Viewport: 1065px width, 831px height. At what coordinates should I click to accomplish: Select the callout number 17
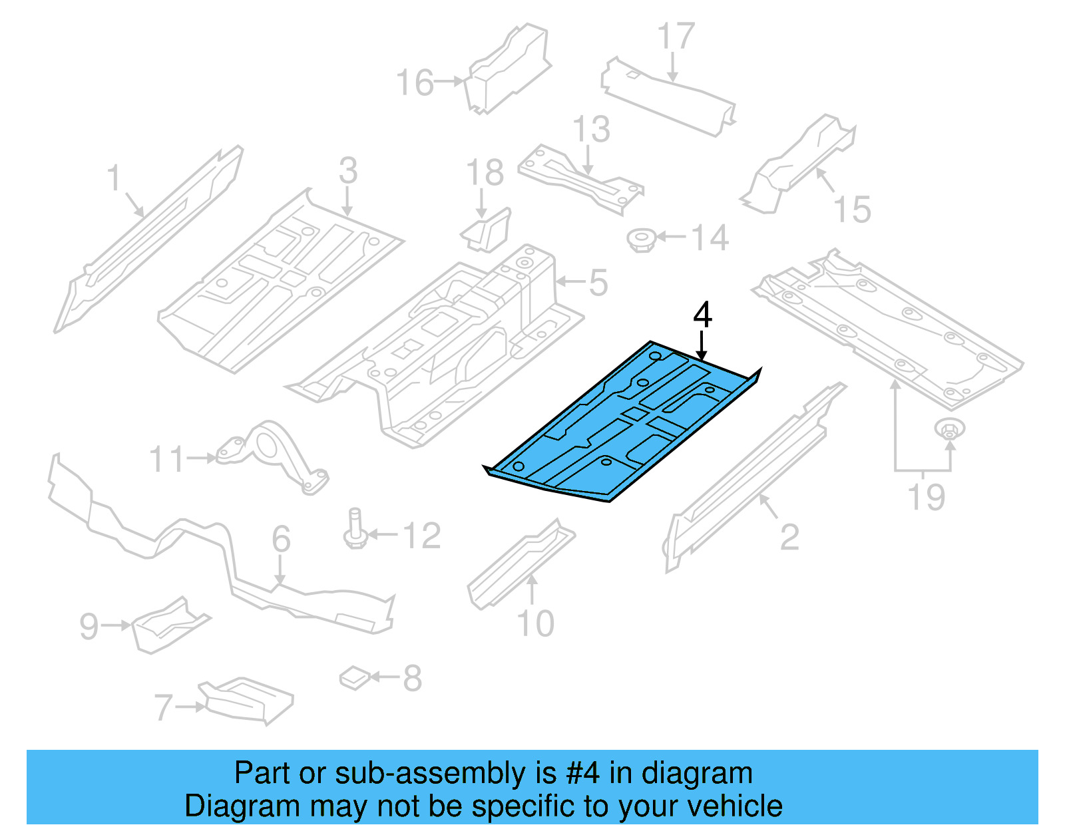pyautogui.click(x=676, y=37)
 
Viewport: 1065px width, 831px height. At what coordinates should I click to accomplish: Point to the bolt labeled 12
pyautogui.click(x=355, y=529)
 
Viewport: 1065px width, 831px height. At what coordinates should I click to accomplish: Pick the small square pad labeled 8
pyautogui.click(x=355, y=678)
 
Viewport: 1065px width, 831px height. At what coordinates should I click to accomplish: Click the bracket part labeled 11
pyautogui.click(x=273, y=456)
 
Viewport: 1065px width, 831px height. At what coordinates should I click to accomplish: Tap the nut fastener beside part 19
pyautogui.click(x=950, y=430)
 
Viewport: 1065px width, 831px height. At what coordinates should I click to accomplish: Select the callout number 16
pyautogui.click(x=415, y=83)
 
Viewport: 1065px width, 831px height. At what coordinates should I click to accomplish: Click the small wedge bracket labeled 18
pyautogui.click(x=487, y=230)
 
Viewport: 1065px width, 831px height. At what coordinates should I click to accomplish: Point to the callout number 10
pyautogui.click(x=535, y=623)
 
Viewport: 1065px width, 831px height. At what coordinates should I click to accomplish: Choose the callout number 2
pyautogui.click(x=789, y=537)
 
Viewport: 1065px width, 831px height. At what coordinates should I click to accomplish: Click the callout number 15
pyautogui.click(x=852, y=210)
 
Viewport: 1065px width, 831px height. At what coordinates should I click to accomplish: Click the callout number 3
pyautogui.click(x=347, y=170)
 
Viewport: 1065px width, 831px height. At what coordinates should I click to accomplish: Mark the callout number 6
pyautogui.click(x=281, y=538)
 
